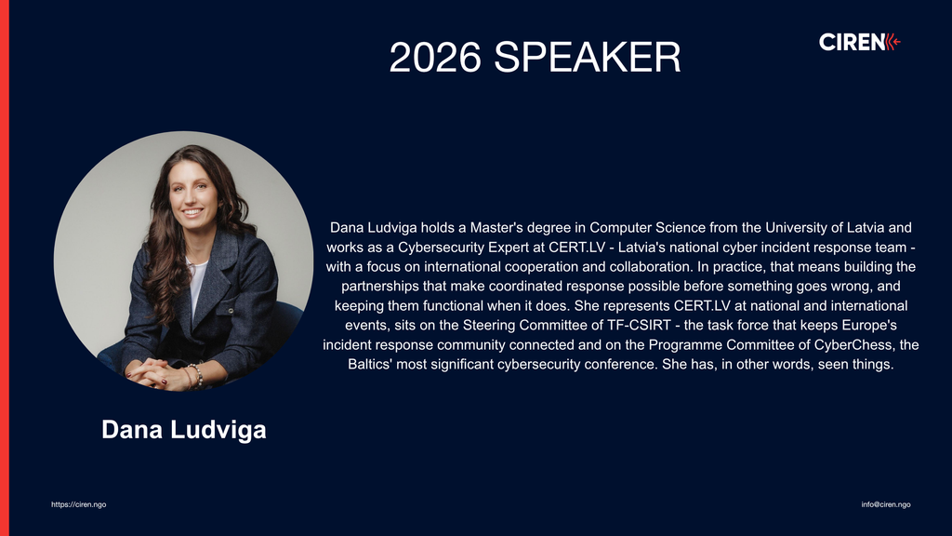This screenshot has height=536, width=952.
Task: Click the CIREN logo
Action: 859,42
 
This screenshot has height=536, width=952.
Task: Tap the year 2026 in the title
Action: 435,58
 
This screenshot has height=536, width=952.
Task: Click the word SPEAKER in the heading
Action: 588,58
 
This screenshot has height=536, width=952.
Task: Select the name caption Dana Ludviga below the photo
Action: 184,430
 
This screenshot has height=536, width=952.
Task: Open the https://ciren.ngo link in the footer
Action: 79,504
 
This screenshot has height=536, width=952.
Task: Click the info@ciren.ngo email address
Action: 885,504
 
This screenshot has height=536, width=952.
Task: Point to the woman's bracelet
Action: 195,374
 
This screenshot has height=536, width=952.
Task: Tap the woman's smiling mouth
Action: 192,212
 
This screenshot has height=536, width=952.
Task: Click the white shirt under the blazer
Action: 196,286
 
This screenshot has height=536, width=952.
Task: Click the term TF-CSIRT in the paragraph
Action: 639,325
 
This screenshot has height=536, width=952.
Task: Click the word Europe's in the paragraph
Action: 869,325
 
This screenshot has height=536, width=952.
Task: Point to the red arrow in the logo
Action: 893,42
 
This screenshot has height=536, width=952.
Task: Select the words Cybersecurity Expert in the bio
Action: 457,248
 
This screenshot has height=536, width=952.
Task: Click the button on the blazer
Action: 231,311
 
